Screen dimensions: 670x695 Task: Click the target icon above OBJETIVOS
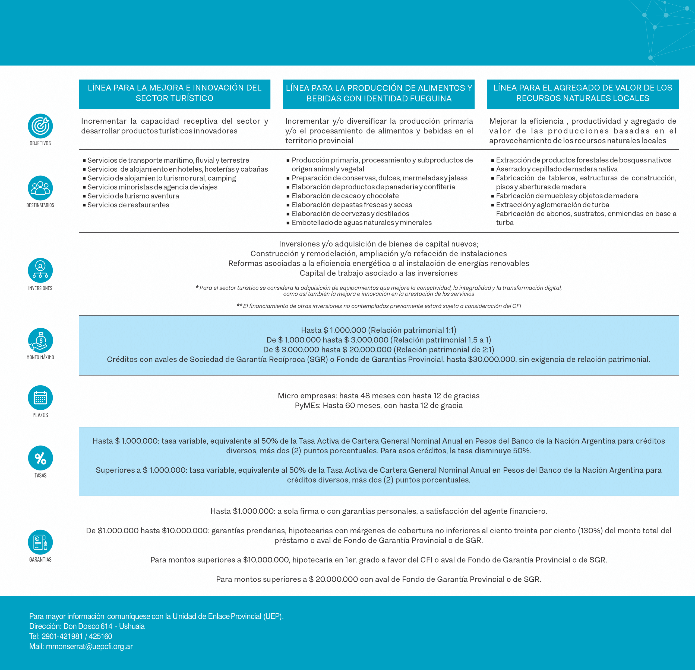click(x=40, y=126)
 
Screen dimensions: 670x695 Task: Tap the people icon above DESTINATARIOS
click(x=40, y=188)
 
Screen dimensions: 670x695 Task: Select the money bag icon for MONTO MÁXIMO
click(x=40, y=340)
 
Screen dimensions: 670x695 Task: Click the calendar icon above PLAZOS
click(x=40, y=398)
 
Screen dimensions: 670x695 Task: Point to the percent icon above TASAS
click(x=40, y=458)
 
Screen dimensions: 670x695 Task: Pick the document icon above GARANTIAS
click(x=40, y=542)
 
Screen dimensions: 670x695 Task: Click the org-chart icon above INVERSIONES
click(x=40, y=270)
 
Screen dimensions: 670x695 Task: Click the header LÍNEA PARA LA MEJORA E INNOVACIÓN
click(x=175, y=93)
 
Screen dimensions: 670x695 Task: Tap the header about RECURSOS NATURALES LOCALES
click(x=583, y=93)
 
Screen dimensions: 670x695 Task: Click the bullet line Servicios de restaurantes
click(x=128, y=205)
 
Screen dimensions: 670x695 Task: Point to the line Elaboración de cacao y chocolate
click(x=345, y=196)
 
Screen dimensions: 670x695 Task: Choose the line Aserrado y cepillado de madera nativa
click(x=556, y=169)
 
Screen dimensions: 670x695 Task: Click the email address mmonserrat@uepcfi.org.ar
click(x=89, y=646)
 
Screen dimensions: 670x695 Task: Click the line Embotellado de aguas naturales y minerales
click(x=361, y=223)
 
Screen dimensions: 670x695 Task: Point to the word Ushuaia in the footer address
click(x=132, y=626)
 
